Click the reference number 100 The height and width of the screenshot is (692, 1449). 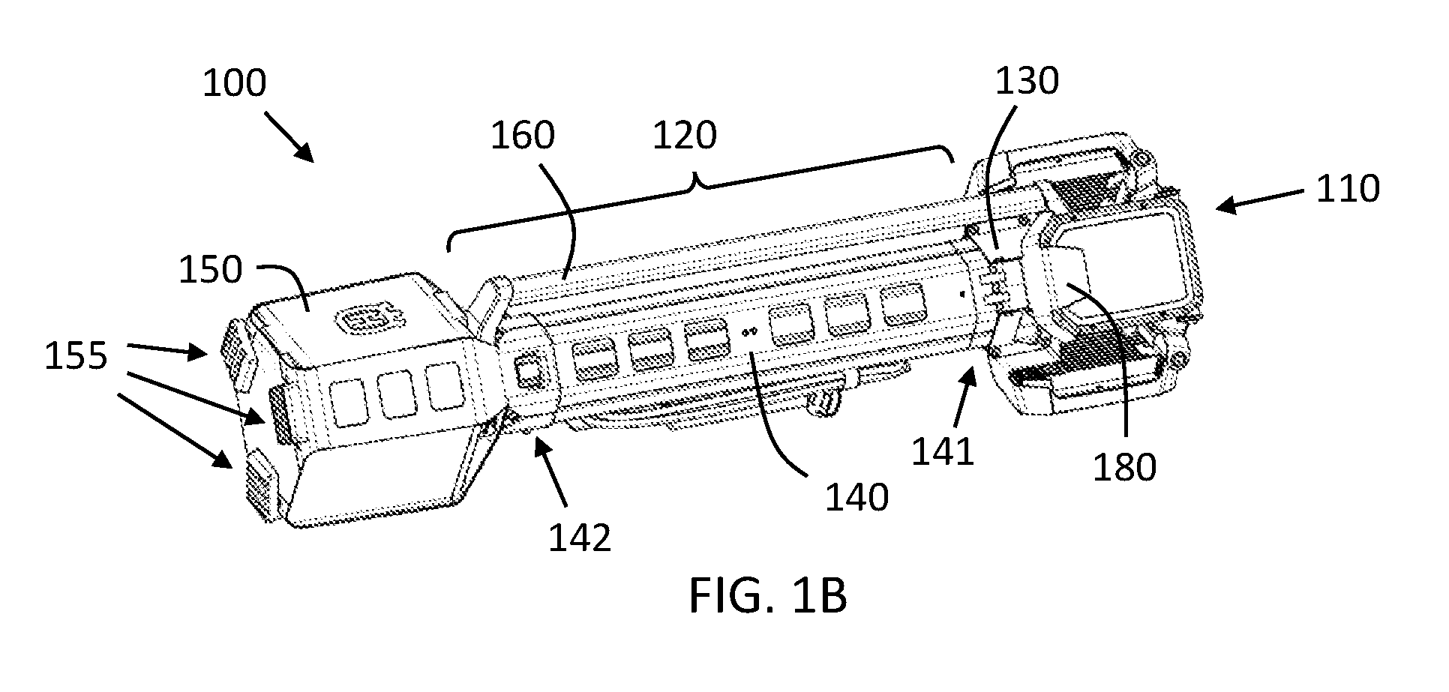(x=235, y=83)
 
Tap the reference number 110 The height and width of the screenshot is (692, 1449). (x=1348, y=189)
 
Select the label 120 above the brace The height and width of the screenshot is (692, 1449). (x=685, y=136)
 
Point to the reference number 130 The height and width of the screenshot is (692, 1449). (x=1027, y=81)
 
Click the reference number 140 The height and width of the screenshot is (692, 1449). (x=856, y=496)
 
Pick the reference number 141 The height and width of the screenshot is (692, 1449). (x=943, y=451)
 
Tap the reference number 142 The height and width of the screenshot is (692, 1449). (x=580, y=538)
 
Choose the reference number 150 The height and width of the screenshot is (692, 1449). (x=211, y=269)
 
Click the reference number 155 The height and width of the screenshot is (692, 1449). (x=76, y=357)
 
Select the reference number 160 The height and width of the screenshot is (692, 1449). (x=523, y=136)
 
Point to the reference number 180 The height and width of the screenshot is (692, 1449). (x=1124, y=466)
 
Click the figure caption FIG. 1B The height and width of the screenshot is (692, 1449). (x=769, y=596)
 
